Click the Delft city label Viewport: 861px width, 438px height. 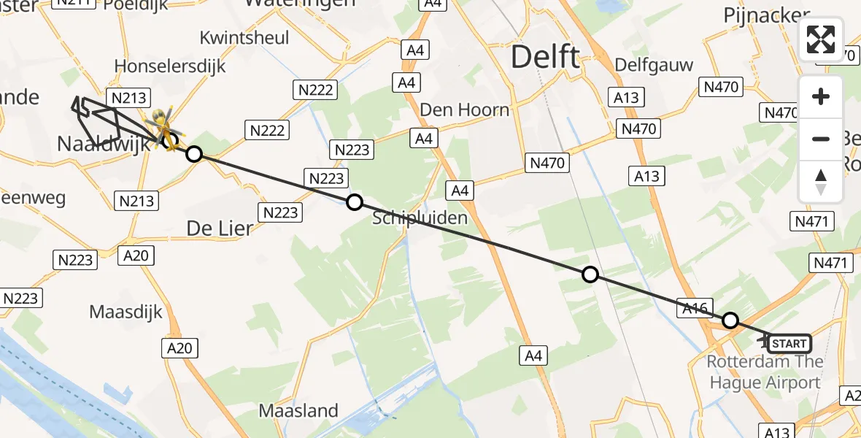tap(545, 56)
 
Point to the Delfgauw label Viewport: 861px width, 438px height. tap(654, 64)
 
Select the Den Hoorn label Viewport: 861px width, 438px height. tap(465, 110)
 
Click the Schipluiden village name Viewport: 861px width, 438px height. tap(420, 218)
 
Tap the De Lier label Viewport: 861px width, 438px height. tap(220, 228)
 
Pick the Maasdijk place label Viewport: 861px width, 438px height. tap(126, 312)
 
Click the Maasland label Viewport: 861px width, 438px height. tap(298, 410)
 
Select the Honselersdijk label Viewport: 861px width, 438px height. tap(170, 66)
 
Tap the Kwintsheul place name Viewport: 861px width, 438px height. tap(244, 37)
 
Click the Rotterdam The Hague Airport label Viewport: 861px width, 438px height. tap(765, 372)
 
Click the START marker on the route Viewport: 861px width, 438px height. tap(789, 343)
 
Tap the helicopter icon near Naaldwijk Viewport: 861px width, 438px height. tap(162, 124)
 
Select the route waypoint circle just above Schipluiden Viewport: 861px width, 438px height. tap(354, 202)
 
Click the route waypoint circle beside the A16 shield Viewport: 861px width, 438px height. tap(730, 320)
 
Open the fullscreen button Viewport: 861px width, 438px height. tap(821, 39)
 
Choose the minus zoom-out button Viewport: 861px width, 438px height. tap(821, 139)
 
